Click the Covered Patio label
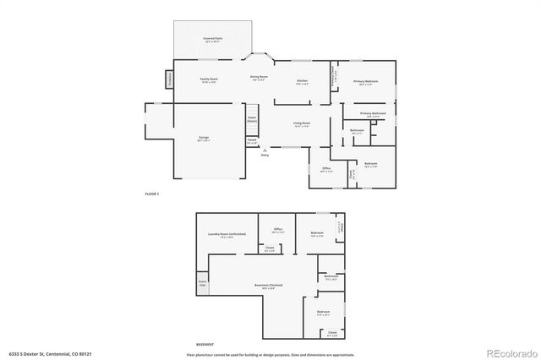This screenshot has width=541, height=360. pyautogui.click(x=212, y=39)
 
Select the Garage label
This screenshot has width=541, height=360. pyautogui.click(x=205, y=137)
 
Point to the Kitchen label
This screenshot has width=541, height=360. pyautogui.click(x=302, y=80)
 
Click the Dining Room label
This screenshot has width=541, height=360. pyautogui.click(x=259, y=77)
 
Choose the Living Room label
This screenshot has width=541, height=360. pyautogui.click(x=301, y=123)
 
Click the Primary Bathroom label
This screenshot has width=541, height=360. pyautogui.click(x=373, y=113)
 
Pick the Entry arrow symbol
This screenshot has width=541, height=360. pyautogui.click(x=265, y=150)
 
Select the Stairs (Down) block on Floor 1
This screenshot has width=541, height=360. pyautogui.click(x=252, y=120)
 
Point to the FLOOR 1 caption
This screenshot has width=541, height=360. pyautogui.click(x=152, y=194)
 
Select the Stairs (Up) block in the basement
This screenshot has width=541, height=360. pyautogui.click(x=203, y=283)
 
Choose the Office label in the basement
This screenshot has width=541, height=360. pyautogui.click(x=277, y=229)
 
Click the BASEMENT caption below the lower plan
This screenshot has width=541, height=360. pyautogui.click(x=205, y=345)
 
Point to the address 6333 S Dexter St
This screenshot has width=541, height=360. pyautogui.click(x=39, y=352)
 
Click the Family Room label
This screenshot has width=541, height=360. pyautogui.click(x=210, y=79)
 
